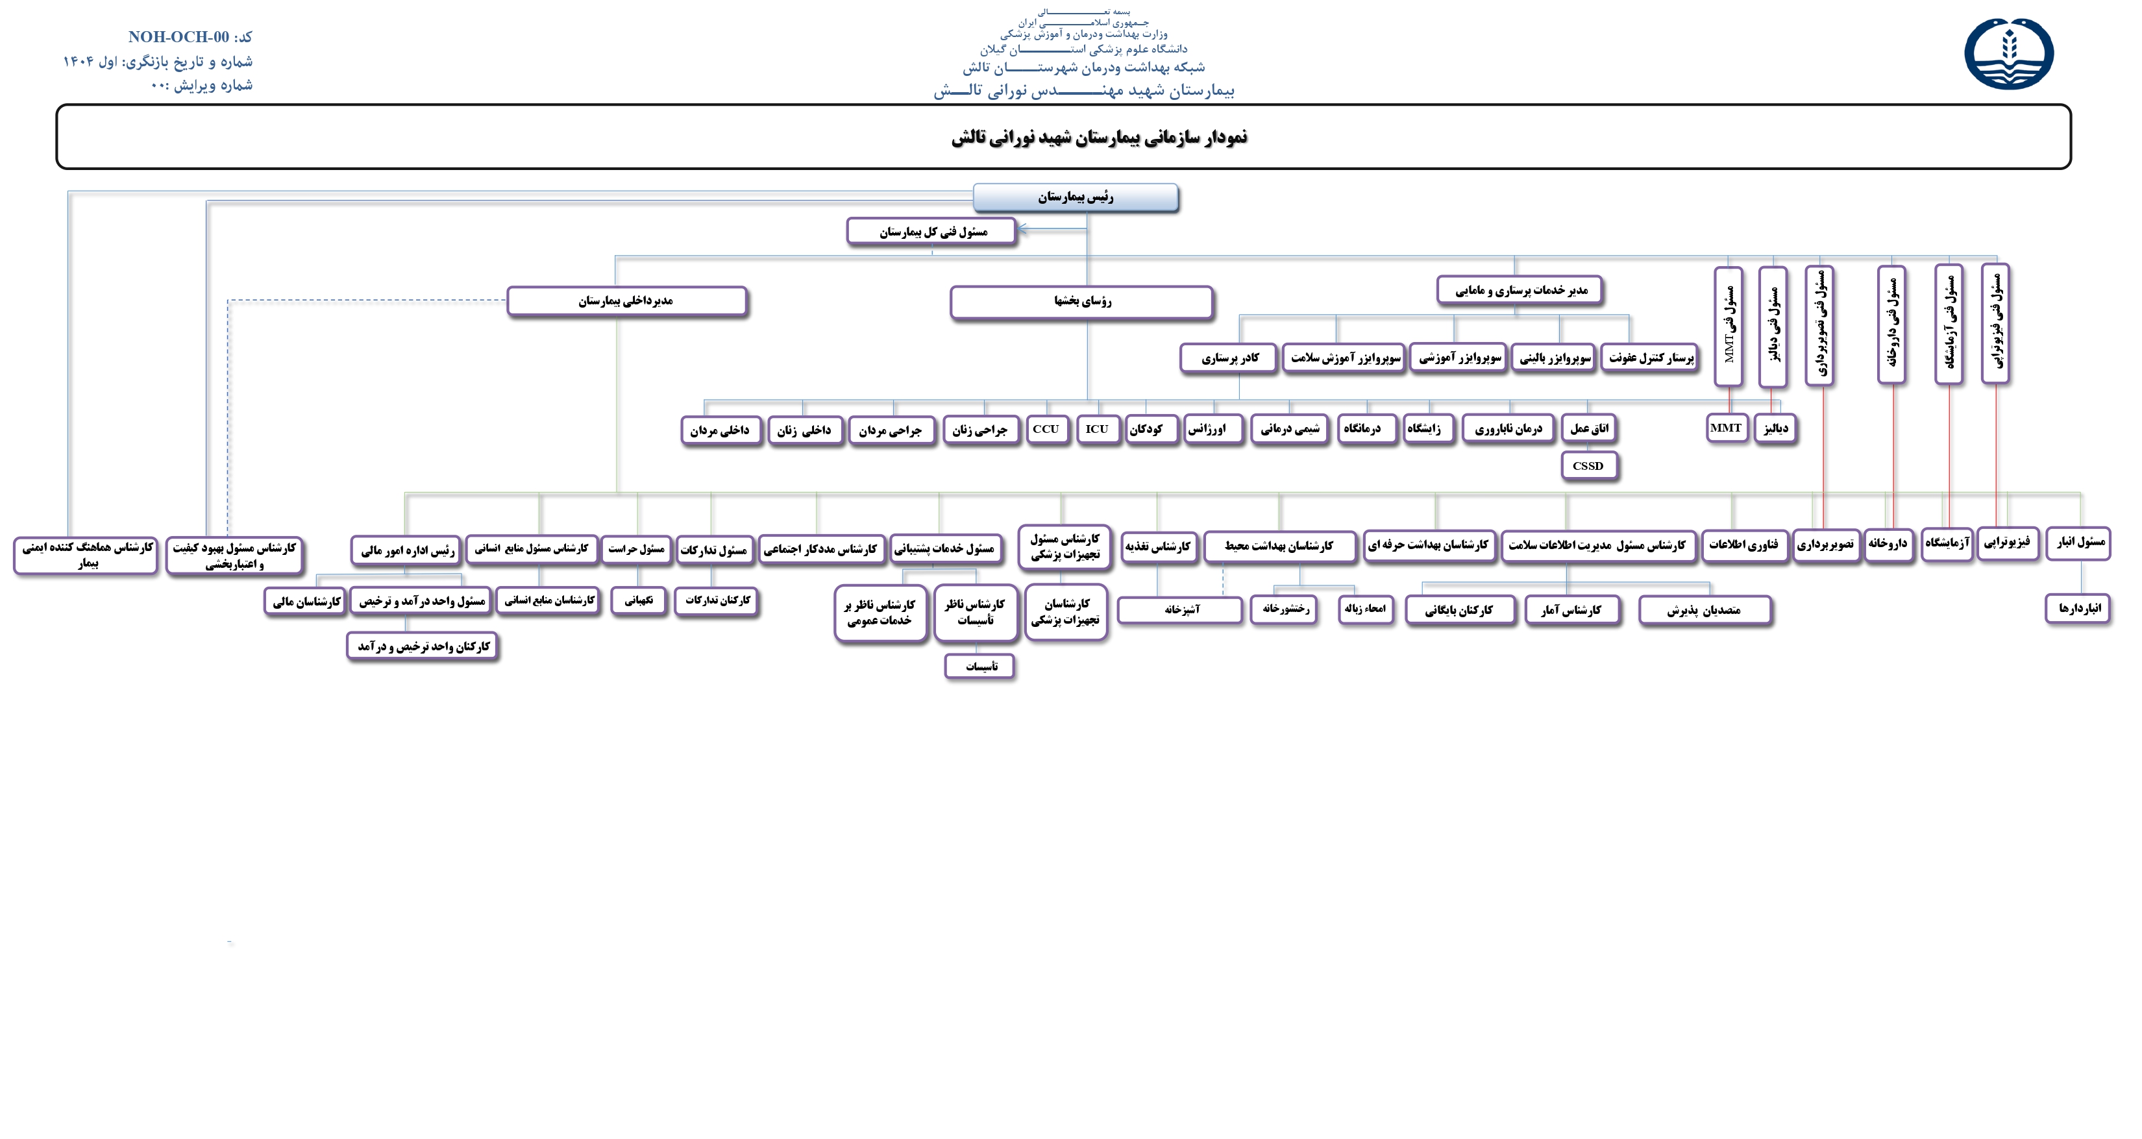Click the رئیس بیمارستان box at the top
1075,197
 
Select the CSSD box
1588,465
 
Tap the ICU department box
1097,429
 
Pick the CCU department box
1046,429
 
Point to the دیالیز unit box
1775,428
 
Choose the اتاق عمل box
1589,428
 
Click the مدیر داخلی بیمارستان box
626,301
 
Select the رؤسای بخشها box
1081,301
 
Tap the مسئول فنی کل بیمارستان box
931,232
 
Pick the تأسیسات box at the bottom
979,666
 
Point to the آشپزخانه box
1180,609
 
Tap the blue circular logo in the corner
2009,53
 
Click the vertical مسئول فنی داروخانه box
1891,325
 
